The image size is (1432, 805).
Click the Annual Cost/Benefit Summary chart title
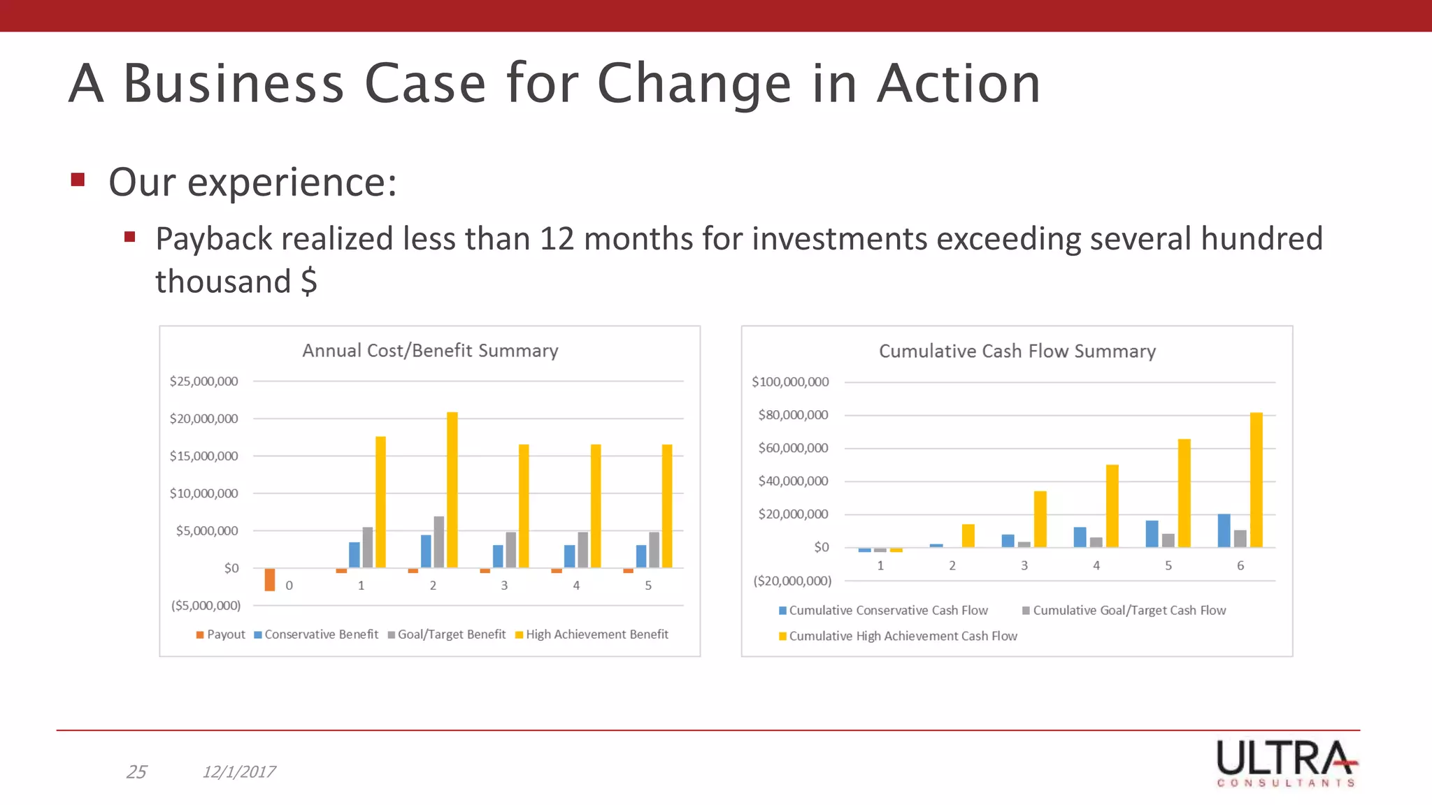(x=430, y=350)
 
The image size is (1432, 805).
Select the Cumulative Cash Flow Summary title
(x=1017, y=351)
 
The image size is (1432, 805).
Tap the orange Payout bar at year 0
(x=270, y=579)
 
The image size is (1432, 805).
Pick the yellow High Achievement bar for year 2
(x=452, y=489)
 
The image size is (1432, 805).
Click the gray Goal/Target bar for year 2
(x=439, y=542)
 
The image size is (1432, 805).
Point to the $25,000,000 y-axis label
(x=203, y=382)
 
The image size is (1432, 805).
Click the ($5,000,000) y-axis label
(x=206, y=605)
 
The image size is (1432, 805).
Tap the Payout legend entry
(x=221, y=634)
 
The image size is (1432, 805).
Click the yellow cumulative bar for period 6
(x=1256, y=479)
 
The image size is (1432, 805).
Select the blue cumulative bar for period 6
(x=1224, y=530)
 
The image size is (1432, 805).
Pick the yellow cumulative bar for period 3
(x=1040, y=518)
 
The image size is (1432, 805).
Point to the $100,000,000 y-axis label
(x=790, y=382)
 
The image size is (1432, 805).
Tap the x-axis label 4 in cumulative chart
(x=1096, y=565)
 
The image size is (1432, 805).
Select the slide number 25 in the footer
(x=136, y=771)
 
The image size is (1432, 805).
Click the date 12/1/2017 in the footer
(x=239, y=771)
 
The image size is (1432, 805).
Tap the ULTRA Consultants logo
(x=1287, y=763)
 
